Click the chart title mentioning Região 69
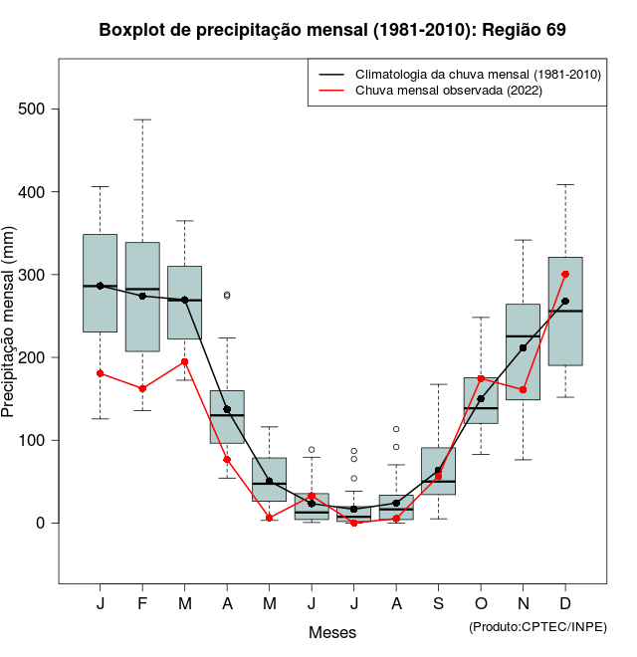(332, 30)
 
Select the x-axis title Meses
(332, 632)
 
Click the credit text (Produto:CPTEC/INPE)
(537, 626)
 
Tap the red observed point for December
(565, 274)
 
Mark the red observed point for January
(100, 373)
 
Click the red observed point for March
(184, 361)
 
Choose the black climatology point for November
(523, 348)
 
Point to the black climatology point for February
(142, 296)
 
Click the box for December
(565, 338)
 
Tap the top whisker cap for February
(142, 119)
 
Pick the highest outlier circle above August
(396, 429)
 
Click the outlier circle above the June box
(312, 450)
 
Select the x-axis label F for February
(142, 604)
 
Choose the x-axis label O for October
(481, 604)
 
